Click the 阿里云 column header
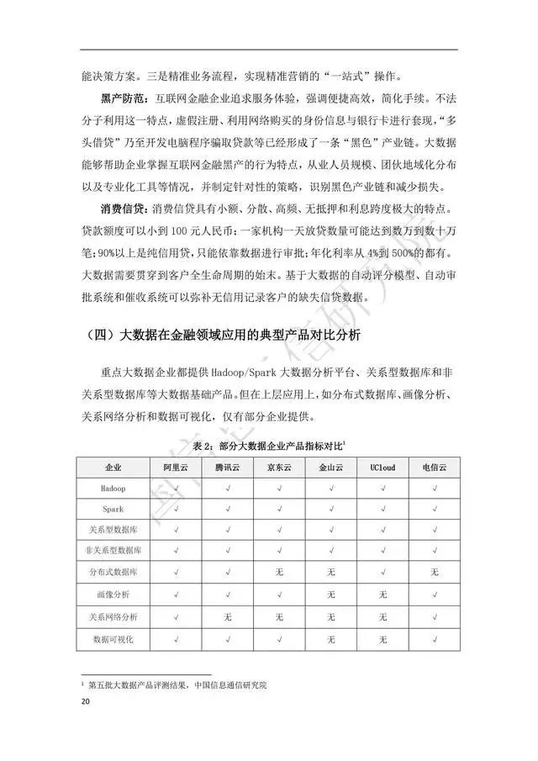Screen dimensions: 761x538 175,466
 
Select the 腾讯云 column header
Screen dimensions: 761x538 227,466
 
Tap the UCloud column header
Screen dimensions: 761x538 382,466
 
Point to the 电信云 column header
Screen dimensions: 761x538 434,466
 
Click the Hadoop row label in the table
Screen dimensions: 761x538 113,487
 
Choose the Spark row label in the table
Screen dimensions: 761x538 113,508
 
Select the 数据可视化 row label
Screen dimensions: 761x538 113,640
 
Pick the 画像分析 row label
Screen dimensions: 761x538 113,595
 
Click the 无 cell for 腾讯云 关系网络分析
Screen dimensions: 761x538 227,618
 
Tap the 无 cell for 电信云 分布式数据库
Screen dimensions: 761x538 434,573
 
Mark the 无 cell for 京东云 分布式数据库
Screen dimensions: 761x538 279,573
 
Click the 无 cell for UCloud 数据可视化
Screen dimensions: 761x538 382,640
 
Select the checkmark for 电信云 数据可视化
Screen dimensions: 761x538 434,640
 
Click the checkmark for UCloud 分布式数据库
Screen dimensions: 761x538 382,573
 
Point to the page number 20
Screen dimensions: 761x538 84,701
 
